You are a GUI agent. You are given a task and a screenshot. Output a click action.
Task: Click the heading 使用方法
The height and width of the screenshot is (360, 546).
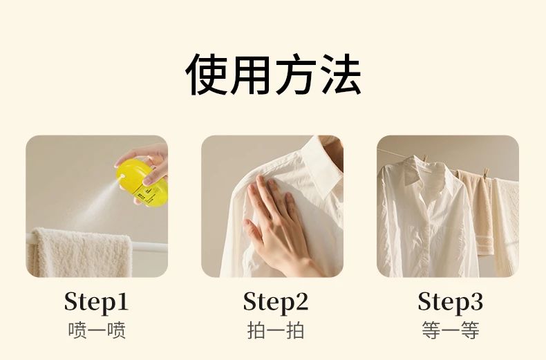273,74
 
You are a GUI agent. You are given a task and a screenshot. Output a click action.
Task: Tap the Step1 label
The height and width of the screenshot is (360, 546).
97,302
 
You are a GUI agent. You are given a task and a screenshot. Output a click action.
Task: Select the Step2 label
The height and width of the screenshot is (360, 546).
276,302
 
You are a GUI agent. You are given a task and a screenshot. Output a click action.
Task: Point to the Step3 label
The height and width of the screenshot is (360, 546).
451,302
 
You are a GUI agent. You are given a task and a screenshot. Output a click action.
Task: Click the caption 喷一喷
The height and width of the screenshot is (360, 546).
97,330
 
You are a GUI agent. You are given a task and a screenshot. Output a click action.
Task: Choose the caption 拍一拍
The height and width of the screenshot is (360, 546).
276,330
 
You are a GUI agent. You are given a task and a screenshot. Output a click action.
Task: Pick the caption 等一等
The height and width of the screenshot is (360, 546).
451,330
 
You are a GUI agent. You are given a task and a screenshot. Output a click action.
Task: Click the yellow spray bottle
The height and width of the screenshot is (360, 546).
142,182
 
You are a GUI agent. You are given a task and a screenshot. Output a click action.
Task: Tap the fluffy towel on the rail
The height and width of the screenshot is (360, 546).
79,252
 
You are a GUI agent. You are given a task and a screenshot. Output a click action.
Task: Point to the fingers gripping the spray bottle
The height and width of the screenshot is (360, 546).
147,164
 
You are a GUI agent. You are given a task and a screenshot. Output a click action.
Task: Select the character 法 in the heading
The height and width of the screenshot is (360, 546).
341,74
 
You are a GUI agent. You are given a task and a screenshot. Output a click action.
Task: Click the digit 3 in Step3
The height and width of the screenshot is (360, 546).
476,301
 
